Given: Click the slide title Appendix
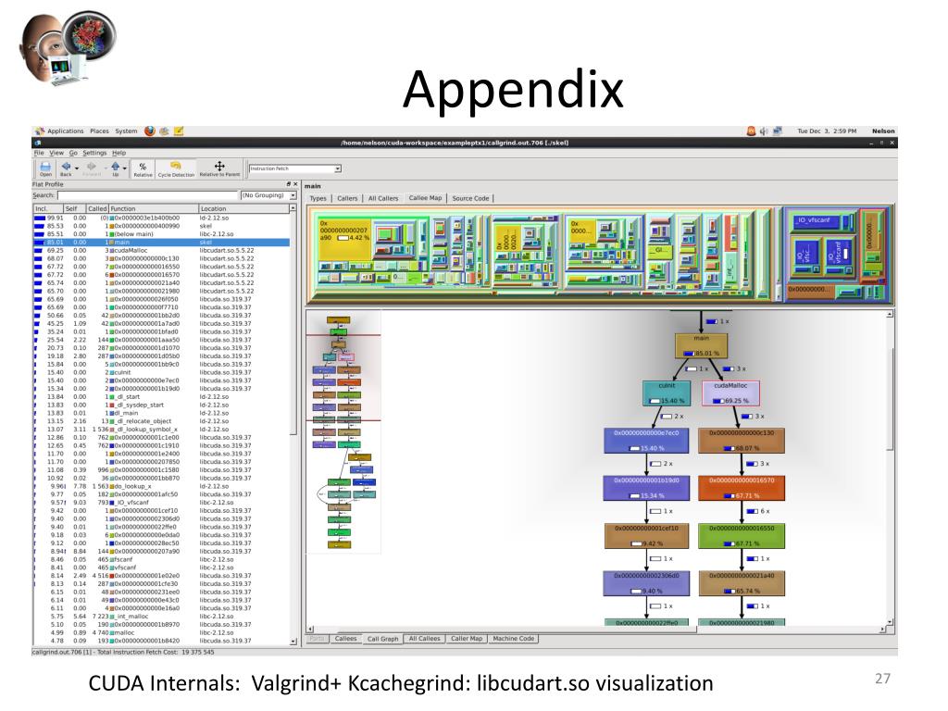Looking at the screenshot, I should pos(513,90).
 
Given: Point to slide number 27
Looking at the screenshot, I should pos(882,679).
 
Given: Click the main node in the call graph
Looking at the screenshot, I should pos(707,346).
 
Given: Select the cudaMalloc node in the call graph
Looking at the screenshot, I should pos(730,393).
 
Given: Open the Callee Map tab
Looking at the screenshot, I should pos(426,198).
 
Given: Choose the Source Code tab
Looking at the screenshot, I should pos(470,198).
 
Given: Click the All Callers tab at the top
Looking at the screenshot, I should pos(383,198).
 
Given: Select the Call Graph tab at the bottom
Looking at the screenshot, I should pos(382,639).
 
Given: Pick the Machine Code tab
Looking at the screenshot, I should pos(515,639).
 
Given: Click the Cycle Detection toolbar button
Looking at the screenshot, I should pos(176,168).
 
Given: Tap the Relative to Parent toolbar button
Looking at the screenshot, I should pos(219,168).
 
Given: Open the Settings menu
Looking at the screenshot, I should pos(94,152).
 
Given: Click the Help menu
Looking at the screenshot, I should pos(118,152).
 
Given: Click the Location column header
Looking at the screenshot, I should pos(213,209).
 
